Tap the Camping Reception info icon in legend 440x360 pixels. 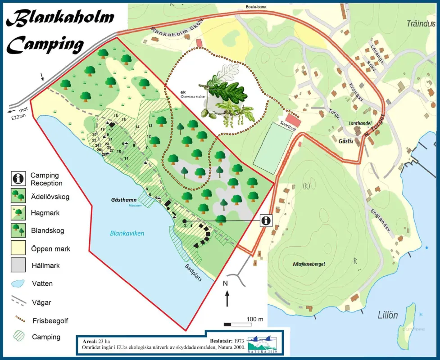[18, 179]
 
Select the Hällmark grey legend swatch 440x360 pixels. [18, 265]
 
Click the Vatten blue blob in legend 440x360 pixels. [18, 283]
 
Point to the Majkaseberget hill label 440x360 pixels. [308, 264]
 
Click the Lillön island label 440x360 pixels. [388, 315]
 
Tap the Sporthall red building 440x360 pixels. [293, 121]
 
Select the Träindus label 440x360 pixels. [421, 23]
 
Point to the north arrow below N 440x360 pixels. [227, 299]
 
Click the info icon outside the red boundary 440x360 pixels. [266, 220]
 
